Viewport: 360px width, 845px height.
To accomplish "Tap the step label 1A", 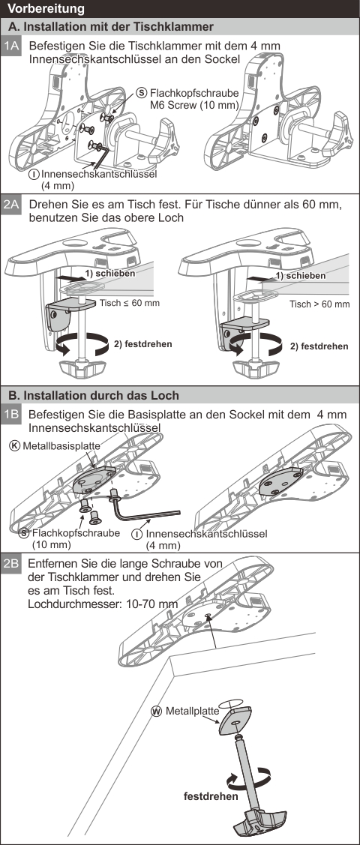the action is click(x=12, y=46).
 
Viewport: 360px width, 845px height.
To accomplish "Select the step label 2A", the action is click(x=12, y=206).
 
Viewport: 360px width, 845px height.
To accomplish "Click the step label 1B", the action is click(x=12, y=415).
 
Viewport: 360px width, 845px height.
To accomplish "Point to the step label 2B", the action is click(x=12, y=565).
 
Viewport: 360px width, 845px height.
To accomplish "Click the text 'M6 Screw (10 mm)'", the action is click(x=194, y=104).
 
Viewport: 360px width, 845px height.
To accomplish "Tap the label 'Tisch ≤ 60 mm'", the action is click(x=129, y=303).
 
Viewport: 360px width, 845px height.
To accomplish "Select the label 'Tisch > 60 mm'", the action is click(x=319, y=304).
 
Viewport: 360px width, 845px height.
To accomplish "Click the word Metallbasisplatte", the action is click(x=61, y=446).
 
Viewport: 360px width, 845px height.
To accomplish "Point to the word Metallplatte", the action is click(x=193, y=711).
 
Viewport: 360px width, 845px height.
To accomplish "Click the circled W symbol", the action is click(x=157, y=712).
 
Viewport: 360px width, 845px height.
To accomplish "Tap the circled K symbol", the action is click(x=15, y=446).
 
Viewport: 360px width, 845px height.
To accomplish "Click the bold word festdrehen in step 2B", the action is click(x=211, y=796).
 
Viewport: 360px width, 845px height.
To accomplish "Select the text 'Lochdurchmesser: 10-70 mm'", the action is click(x=103, y=604).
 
